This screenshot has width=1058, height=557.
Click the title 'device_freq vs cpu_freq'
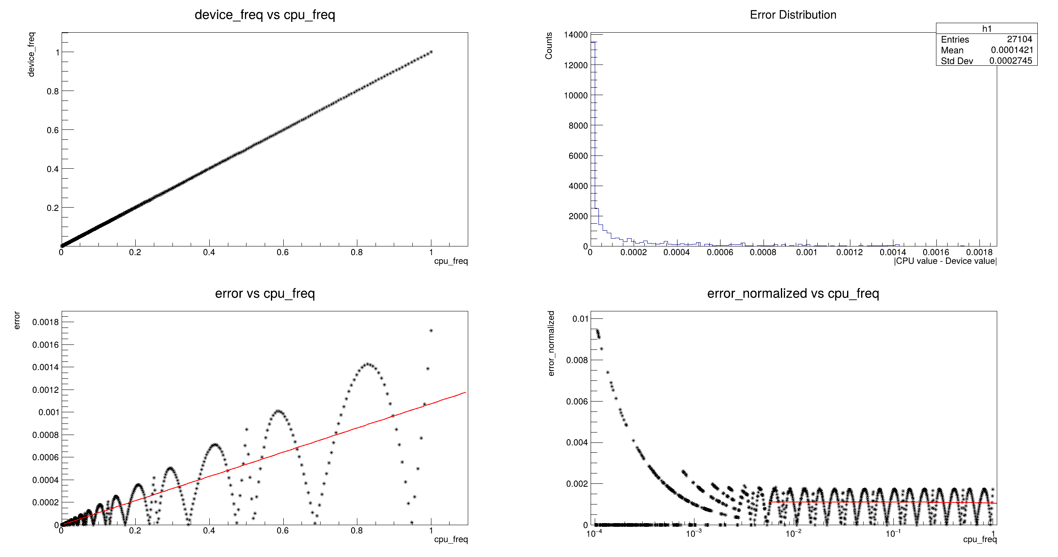click(265, 15)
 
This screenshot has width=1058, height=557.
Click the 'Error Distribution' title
click(793, 15)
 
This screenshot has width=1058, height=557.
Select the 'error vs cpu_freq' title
click(265, 294)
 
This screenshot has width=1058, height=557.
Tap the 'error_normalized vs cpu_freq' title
click(793, 294)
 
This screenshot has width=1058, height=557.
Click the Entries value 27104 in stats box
click(1019, 39)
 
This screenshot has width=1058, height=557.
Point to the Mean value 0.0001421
click(1012, 50)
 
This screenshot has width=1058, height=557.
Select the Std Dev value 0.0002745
click(1010, 61)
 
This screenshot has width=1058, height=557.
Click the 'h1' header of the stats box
click(986, 29)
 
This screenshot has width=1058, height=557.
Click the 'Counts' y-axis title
click(549, 46)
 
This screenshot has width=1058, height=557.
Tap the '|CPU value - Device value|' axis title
click(945, 261)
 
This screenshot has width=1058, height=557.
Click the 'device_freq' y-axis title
click(31, 54)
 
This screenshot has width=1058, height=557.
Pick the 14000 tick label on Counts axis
click(576, 35)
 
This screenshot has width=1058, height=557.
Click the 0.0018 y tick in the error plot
click(45, 322)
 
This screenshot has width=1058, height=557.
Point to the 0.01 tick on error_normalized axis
click(580, 319)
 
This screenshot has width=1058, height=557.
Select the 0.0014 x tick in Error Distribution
click(893, 252)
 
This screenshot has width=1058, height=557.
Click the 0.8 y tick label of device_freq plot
click(53, 91)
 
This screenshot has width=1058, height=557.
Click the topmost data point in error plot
click(431, 330)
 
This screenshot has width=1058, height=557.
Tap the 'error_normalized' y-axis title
click(551, 344)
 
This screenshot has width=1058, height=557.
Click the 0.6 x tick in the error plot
click(283, 531)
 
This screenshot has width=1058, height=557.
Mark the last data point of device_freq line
click(431, 52)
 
